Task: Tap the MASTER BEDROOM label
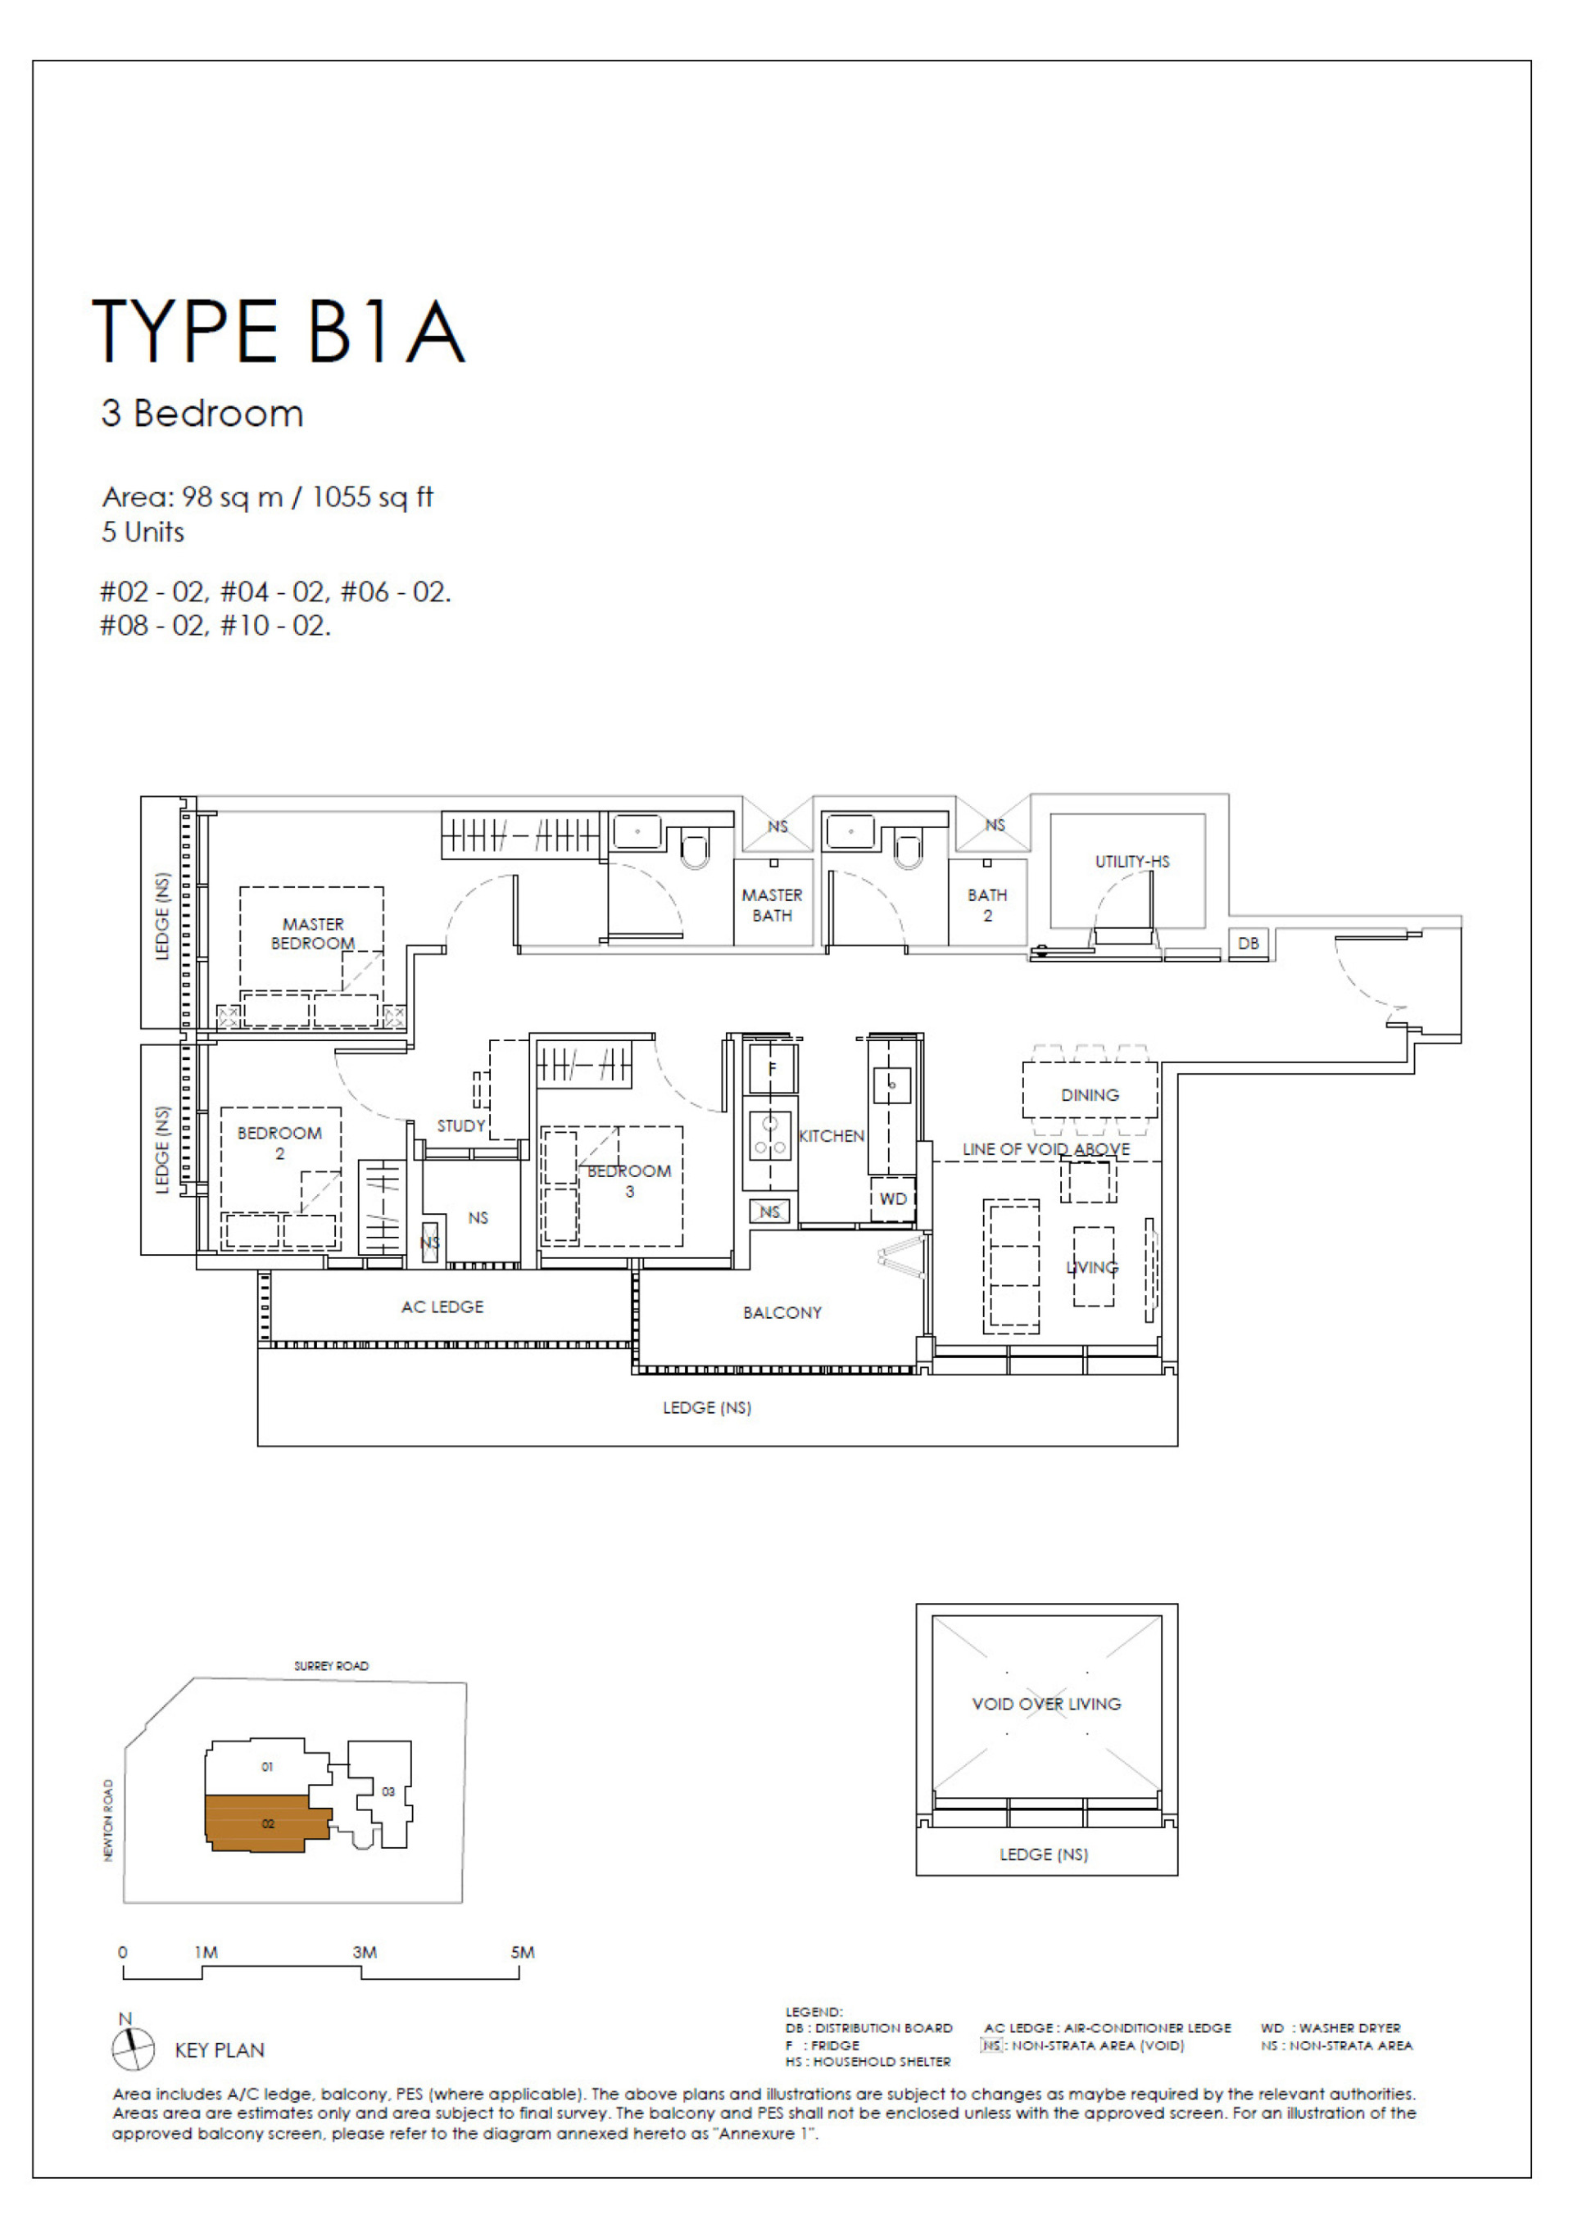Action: [x=313, y=934]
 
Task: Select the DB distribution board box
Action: [x=1248, y=943]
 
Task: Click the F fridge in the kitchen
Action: [x=771, y=1070]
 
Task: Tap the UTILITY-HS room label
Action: [x=1131, y=861]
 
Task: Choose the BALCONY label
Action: [x=782, y=1312]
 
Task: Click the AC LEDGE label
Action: [x=442, y=1306]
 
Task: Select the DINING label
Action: [x=1090, y=1095]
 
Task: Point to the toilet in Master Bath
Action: [x=695, y=850]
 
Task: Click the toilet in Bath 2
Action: [x=908, y=850]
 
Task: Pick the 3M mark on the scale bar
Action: [x=365, y=1953]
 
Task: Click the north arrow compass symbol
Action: [x=133, y=2048]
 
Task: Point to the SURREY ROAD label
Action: [x=331, y=1666]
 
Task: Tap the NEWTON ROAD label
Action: [x=108, y=1820]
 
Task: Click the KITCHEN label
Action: [x=832, y=1136]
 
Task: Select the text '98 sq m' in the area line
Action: [x=232, y=498]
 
